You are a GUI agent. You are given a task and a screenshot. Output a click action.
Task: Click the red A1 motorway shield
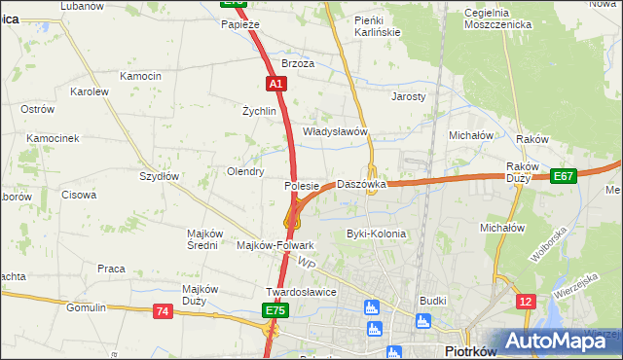276,85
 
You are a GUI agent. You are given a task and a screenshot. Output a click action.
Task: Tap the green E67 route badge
563,175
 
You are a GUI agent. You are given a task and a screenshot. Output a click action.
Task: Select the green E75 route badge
275,310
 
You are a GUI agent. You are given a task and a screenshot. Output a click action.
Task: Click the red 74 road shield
162,310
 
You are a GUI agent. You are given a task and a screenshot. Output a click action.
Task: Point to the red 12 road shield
525,302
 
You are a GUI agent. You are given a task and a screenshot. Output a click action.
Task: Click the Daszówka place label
361,184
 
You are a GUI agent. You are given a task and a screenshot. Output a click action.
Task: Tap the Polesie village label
302,185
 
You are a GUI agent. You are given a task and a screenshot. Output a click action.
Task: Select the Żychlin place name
260,111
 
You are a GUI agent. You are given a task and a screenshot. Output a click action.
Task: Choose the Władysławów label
334,131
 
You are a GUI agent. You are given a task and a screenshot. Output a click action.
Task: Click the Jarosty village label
409,97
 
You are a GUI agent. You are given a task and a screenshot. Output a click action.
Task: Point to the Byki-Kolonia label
376,234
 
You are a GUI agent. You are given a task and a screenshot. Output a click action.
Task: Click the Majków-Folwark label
275,246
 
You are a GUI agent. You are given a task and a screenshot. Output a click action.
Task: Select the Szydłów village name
159,176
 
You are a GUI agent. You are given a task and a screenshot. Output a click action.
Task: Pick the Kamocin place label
140,76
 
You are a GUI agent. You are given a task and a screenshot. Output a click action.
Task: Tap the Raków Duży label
523,172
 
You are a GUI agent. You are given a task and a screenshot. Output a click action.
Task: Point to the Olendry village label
245,171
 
